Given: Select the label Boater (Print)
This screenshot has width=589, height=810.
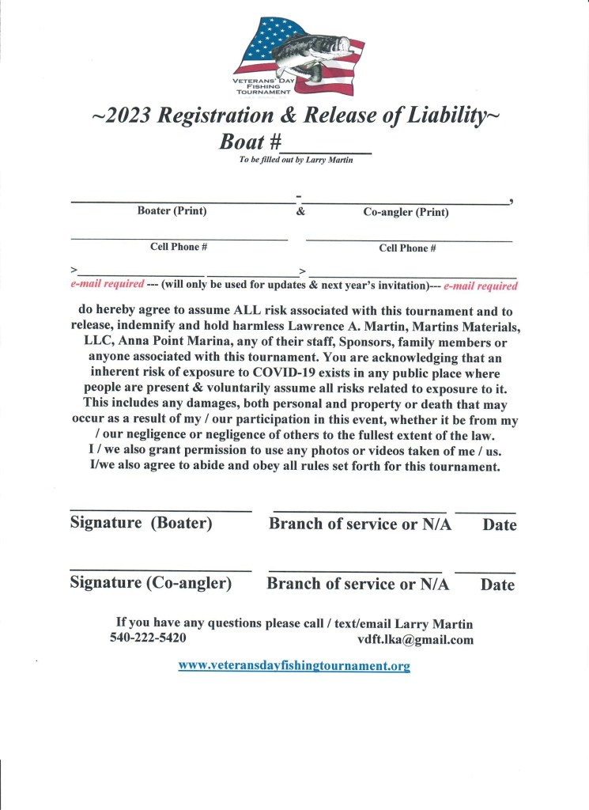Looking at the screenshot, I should tap(172, 211).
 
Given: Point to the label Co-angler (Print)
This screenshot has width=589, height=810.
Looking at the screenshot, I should tap(406, 212).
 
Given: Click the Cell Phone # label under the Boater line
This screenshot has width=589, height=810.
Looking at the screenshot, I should tap(179, 247).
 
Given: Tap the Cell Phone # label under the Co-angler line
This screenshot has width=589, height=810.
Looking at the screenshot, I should tap(407, 248).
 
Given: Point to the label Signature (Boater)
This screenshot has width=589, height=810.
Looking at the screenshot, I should tap(141, 524).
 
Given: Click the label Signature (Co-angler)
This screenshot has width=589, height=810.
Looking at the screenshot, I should tap(150, 584).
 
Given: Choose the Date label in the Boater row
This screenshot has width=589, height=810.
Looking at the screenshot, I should tap(499, 525).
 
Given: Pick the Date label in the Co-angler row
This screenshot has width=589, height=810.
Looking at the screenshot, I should tap(497, 585).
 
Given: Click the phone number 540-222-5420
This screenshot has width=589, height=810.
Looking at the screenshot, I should tap(148, 638).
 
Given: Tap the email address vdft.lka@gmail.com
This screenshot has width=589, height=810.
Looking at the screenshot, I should tap(415, 640).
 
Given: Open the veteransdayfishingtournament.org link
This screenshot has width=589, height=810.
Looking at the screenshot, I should tap(294, 665).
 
